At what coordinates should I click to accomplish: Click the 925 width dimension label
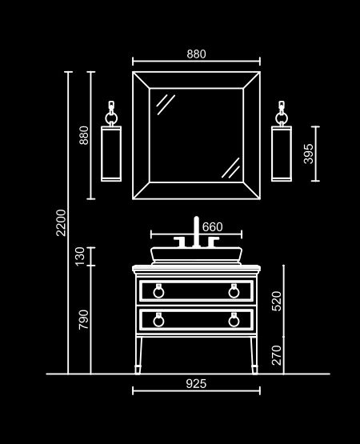(196, 384)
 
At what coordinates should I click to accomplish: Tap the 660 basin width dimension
(213, 227)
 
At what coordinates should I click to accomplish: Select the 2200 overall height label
(61, 222)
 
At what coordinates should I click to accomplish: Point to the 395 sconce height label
(309, 154)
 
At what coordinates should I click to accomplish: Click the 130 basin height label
(80, 257)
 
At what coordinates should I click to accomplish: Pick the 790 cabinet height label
(83, 319)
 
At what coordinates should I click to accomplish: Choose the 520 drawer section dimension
(277, 301)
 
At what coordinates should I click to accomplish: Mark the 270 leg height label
(277, 355)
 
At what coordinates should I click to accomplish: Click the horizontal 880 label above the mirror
(196, 54)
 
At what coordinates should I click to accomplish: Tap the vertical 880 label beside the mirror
(84, 135)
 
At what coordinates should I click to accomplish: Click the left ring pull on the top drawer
(158, 291)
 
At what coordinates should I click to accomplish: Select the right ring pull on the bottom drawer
(234, 320)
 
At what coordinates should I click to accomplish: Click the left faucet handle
(181, 242)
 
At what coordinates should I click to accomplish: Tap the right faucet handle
(213, 242)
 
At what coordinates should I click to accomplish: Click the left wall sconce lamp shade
(111, 154)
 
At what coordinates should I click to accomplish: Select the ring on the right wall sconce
(282, 118)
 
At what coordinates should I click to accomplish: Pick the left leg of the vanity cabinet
(138, 355)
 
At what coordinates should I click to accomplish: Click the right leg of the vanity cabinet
(254, 355)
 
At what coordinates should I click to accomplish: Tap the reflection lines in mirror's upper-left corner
(166, 105)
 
